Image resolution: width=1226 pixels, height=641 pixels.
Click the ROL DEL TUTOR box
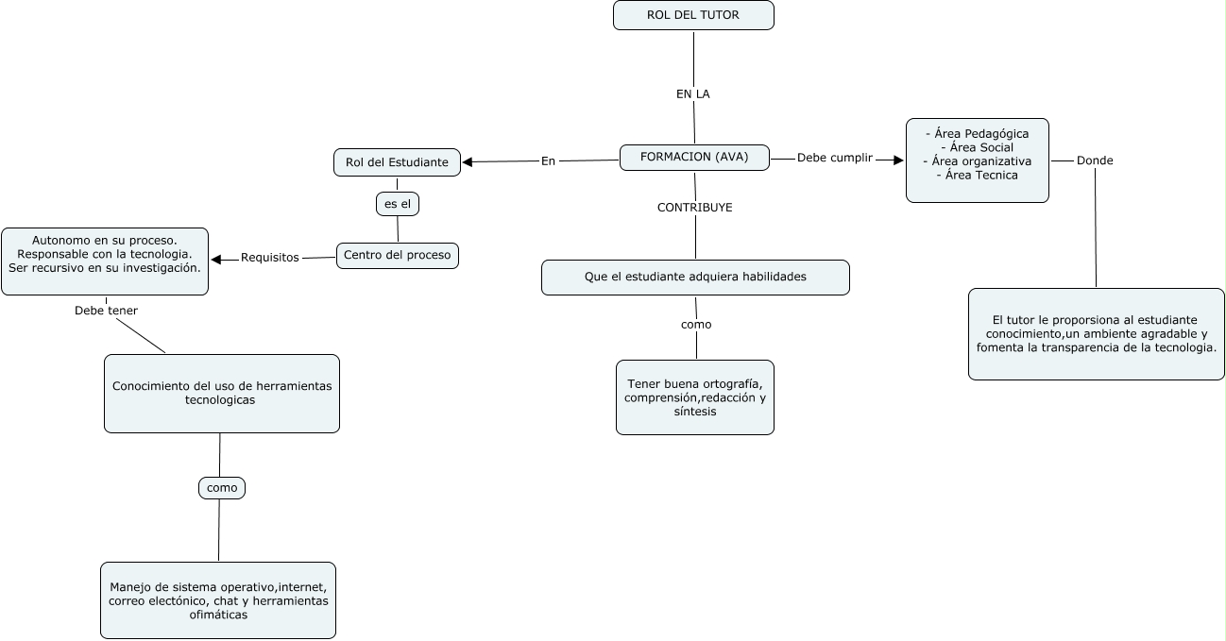[x=693, y=15]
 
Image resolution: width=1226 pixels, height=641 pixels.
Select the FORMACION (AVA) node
[x=694, y=158]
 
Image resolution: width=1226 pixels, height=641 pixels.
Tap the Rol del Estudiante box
[x=397, y=162]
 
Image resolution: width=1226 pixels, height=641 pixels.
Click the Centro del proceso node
[x=398, y=255]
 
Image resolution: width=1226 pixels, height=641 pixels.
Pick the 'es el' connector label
[x=397, y=204]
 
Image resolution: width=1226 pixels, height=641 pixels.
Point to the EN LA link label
[x=692, y=94]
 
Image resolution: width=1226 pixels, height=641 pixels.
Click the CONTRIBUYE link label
[x=694, y=208]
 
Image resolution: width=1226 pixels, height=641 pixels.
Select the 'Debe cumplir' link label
[x=834, y=158]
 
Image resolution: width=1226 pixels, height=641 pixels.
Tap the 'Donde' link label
[x=1095, y=160]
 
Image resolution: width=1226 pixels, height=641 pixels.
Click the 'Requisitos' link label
[x=269, y=257]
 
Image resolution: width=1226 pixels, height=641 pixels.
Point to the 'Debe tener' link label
[x=106, y=310]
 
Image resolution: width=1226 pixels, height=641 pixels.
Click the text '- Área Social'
[x=977, y=147]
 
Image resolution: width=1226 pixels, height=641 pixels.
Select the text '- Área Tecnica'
[x=977, y=175]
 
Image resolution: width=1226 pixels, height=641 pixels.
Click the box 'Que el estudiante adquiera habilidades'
[x=694, y=277]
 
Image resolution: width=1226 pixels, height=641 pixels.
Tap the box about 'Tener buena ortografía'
[x=694, y=397]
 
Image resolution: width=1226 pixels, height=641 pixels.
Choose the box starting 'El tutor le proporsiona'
[x=1096, y=334]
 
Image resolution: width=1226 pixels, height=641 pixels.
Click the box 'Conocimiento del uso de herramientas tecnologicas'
[x=221, y=394]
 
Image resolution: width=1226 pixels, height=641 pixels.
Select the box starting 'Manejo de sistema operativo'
[x=217, y=600]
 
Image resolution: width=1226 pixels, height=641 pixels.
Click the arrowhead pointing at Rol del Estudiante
[x=468, y=161]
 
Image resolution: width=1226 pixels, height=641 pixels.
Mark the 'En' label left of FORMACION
[x=548, y=160]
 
